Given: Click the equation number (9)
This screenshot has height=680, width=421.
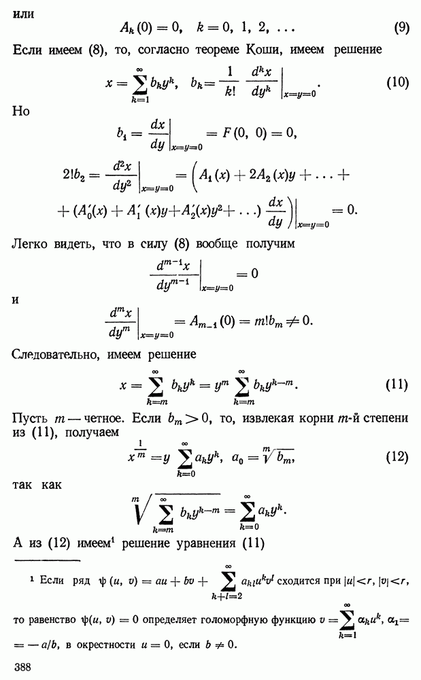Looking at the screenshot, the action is (401, 28).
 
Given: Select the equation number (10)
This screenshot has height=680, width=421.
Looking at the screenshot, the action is (398, 82).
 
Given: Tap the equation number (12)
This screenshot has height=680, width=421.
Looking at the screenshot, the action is (397, 457).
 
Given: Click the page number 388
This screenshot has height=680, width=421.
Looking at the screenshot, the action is (22, 666).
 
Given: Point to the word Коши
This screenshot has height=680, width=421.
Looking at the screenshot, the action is (265, 50).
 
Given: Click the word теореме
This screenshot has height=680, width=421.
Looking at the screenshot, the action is (217, 50).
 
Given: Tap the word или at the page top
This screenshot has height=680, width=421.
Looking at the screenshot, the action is (23, 14).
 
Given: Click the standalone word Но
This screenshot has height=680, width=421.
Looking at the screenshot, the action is (21, 111).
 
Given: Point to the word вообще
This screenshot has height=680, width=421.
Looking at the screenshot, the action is (217, 243).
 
